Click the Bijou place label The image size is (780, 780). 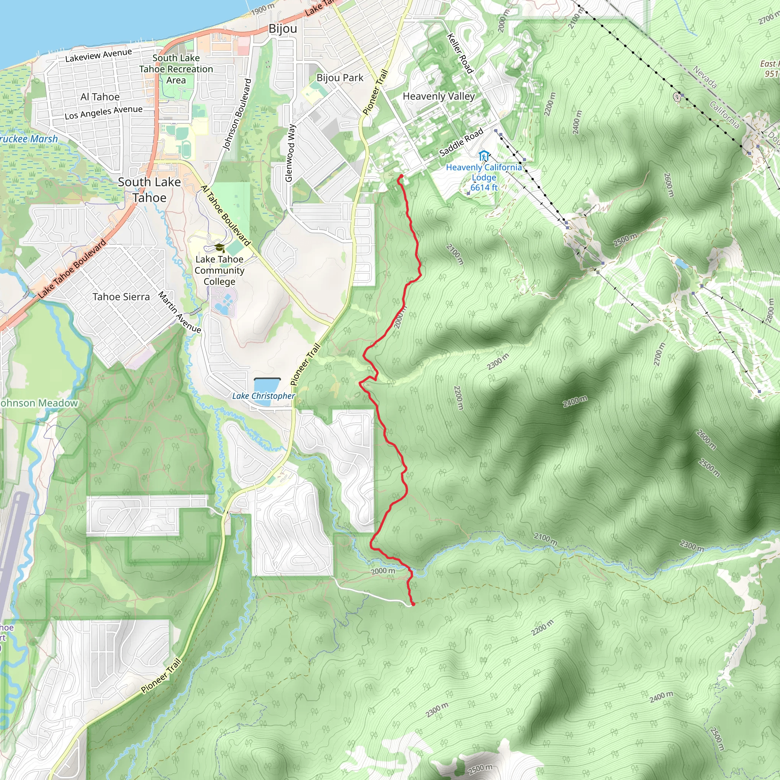(283, 29)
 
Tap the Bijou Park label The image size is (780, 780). (340, 78)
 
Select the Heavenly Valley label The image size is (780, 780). (439, 96)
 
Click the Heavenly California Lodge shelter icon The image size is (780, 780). (484, 155)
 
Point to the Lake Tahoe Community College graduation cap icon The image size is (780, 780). (219, 248)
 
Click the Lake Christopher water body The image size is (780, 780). (267, 385)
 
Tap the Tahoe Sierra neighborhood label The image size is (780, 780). (121, 297)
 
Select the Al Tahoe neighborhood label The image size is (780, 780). (100, 97)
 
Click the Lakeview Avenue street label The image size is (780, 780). (99, 55)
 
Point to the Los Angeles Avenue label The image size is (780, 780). (103, 112)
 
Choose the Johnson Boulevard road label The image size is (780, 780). (237, 115)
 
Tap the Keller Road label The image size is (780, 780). (460, 54)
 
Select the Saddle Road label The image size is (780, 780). (461, 142)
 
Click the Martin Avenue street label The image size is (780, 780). (179, 312)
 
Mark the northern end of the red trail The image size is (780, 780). (401, 176)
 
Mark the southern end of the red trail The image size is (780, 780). (413, 604)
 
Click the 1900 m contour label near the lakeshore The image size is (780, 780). (263, 8)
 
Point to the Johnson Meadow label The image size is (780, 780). (38, 403)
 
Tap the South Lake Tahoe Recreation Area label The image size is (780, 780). (176, 69)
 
